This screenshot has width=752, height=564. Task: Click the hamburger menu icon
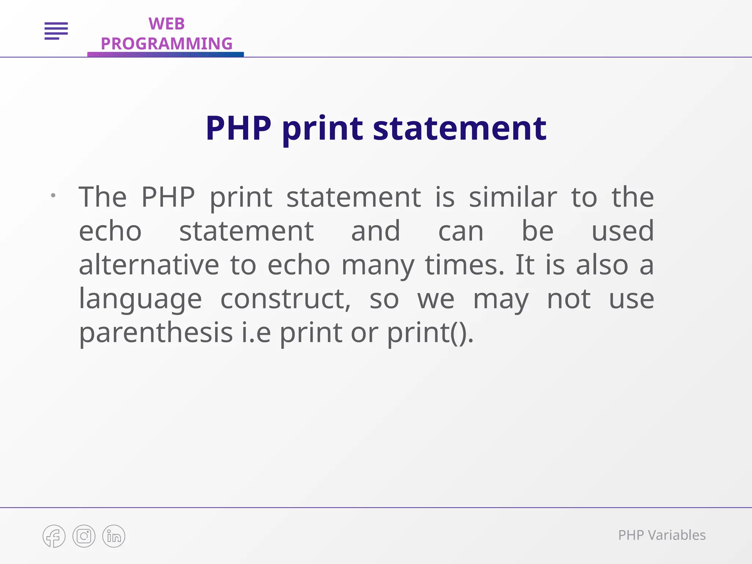coord(56,30)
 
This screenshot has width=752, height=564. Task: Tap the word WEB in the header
coord(166,24)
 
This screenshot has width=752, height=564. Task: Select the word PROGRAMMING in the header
coord(166,44)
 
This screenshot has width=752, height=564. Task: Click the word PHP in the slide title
coord(238,128)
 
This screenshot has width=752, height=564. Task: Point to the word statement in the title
coord(459,128)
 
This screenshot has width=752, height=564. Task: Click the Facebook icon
coord(54,536)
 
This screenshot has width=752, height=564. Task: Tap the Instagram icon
coord(84,536)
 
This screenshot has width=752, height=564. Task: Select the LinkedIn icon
coord(114,536)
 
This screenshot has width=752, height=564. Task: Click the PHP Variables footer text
coord(662,535)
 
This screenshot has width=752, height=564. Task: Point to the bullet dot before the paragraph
coord(53,195)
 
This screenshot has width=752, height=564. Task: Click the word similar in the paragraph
coord(513,198)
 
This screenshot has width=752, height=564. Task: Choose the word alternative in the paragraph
coord(149,265)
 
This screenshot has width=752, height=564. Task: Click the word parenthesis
coord(156,333)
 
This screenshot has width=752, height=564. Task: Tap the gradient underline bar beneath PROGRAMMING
coord(166,54)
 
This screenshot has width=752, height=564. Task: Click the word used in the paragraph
coord(623,231)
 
